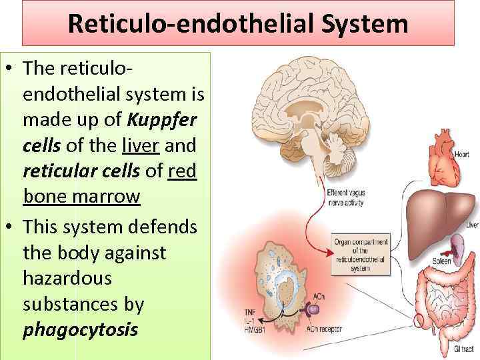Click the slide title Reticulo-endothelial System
[x=237, y=25]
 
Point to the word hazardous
[x=65, y=278]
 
